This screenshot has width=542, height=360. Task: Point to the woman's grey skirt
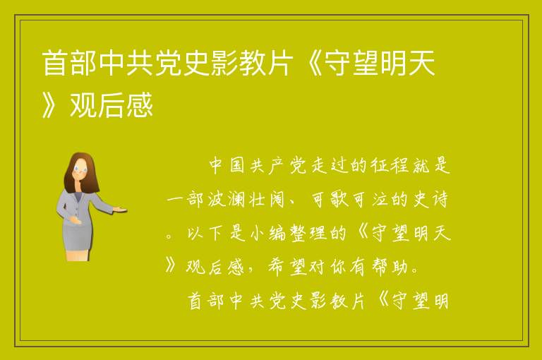pyautogui.click(x=76, y=234)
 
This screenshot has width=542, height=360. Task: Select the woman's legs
pyautogui.click(x=78, y=255)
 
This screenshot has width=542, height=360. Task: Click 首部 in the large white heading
pyautogui.click(x=69, y=63)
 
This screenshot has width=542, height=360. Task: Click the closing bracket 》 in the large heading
pyautogui.click(x=50, y=104)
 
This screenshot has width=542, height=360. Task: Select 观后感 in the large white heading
pyautogui.click(x=112, y=104)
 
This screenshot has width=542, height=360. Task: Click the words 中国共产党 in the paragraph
pyautogui.click(x=258, y=165)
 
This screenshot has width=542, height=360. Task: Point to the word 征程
pyautogui.click(x=390, y=165)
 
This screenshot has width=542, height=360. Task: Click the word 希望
pyautogui.click(x=288, y=267)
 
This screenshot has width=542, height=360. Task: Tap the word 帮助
pyautogui.click(x=390, y=267)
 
